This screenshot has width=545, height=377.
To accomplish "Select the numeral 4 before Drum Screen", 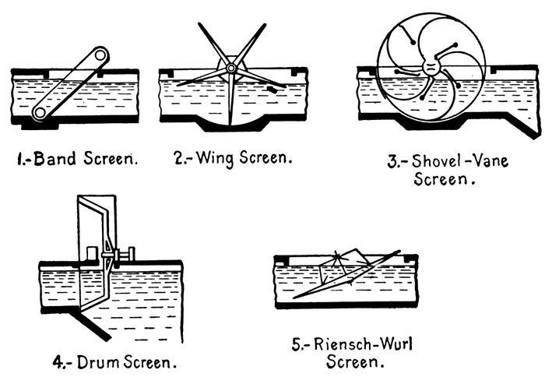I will point(56,361).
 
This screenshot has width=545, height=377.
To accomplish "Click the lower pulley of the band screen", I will point(39,114).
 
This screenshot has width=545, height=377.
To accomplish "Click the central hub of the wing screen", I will point(230,69).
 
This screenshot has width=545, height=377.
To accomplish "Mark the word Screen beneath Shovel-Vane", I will point(444,181).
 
